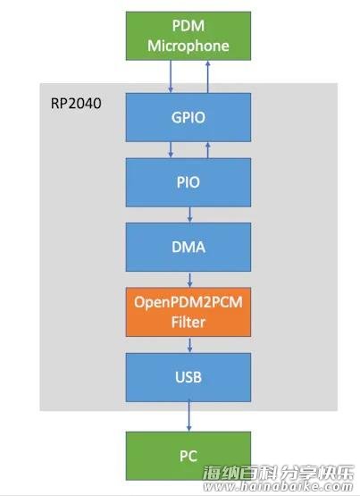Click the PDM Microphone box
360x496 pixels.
tap(188, 36)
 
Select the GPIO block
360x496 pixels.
tap(188, 117)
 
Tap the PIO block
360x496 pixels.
tap(188, 182)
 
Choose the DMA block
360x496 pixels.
tap(188, 247)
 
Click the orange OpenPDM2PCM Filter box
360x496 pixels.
tap(188, 312)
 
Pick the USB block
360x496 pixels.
tap(188, 377)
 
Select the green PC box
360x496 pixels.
tap(188, 456)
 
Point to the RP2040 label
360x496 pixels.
tap(76, 104)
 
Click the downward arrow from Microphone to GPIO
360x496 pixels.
tap(171, 77)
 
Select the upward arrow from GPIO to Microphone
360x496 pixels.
tap(207, 77)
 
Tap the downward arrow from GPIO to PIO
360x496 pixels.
tap(171, 149)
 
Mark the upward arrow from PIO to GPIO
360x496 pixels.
tap(207, 149)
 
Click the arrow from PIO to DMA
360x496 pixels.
tap(189, 214)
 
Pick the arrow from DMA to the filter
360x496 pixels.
tap(189, 280)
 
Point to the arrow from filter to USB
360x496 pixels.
tap(189, 345)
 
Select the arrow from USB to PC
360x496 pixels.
tap(189, 416)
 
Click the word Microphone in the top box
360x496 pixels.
tap(188, 46)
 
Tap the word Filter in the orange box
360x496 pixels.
tap(188, 323)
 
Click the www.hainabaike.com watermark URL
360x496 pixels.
tap(278, 486)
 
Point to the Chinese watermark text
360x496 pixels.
tap(278, 473)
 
